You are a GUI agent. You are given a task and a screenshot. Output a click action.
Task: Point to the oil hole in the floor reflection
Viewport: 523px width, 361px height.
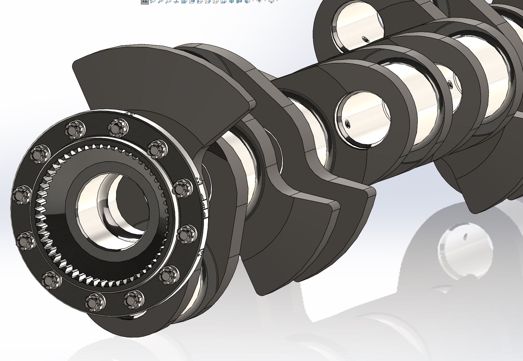[465, 237]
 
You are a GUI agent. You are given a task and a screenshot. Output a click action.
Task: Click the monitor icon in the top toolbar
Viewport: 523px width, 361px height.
[271, 1]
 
